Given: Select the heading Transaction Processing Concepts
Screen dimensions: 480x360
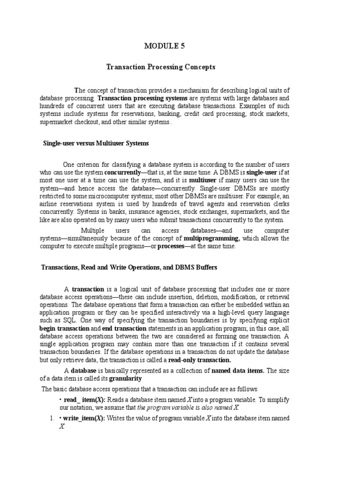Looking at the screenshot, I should (x=161, y=67).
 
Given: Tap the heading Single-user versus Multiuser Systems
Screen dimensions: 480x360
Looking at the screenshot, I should (x=96, y=143).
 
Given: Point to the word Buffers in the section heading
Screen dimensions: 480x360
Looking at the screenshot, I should (x=205, y=267).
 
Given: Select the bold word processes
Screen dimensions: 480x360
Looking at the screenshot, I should (x=173, y=247).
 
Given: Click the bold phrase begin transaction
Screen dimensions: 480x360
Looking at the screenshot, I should (x=64, y=329).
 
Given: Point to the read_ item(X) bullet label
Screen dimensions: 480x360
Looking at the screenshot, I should (x=82, y=399).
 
